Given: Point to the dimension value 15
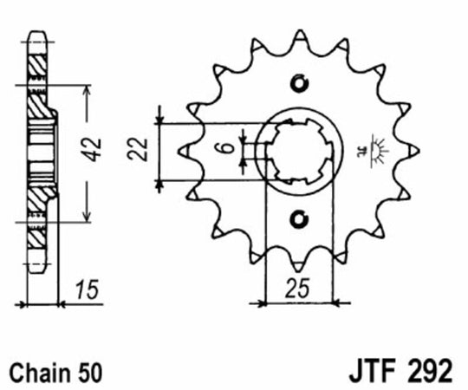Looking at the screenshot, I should pos(84,288).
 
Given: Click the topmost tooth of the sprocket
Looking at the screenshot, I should pos(300,35).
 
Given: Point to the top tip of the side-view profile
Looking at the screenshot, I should pos(38,34).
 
